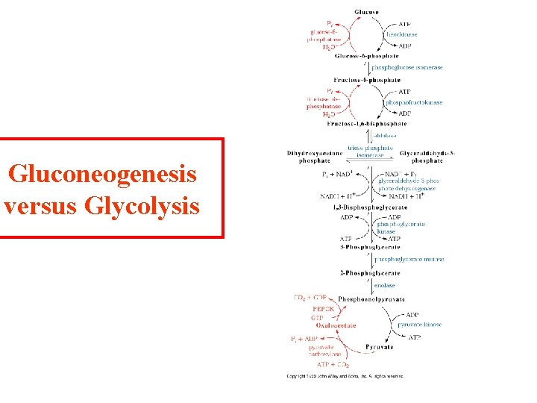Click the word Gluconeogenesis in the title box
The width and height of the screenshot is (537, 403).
[103, 175]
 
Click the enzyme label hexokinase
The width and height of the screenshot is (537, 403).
[401, 34]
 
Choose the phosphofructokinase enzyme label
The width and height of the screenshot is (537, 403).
[414, 102]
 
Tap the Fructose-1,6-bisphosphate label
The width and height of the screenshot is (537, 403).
[370, 124]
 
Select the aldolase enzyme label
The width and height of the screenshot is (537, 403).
[386, 136]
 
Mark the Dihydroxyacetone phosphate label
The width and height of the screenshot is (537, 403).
[308, 157]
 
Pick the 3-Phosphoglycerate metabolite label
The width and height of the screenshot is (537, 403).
[370, 247]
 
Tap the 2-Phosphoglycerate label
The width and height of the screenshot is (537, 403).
[370, 272]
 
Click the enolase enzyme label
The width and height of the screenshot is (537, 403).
[385, 285]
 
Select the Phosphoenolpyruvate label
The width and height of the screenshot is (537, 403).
[370, 299]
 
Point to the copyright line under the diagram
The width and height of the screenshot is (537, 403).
[345, 376]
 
